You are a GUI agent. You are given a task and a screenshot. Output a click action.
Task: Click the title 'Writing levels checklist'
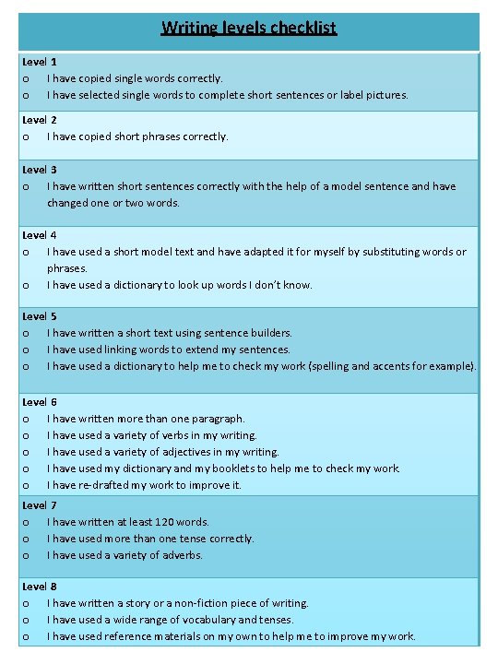249,28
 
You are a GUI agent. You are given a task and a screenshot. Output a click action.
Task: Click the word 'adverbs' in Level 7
183,555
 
